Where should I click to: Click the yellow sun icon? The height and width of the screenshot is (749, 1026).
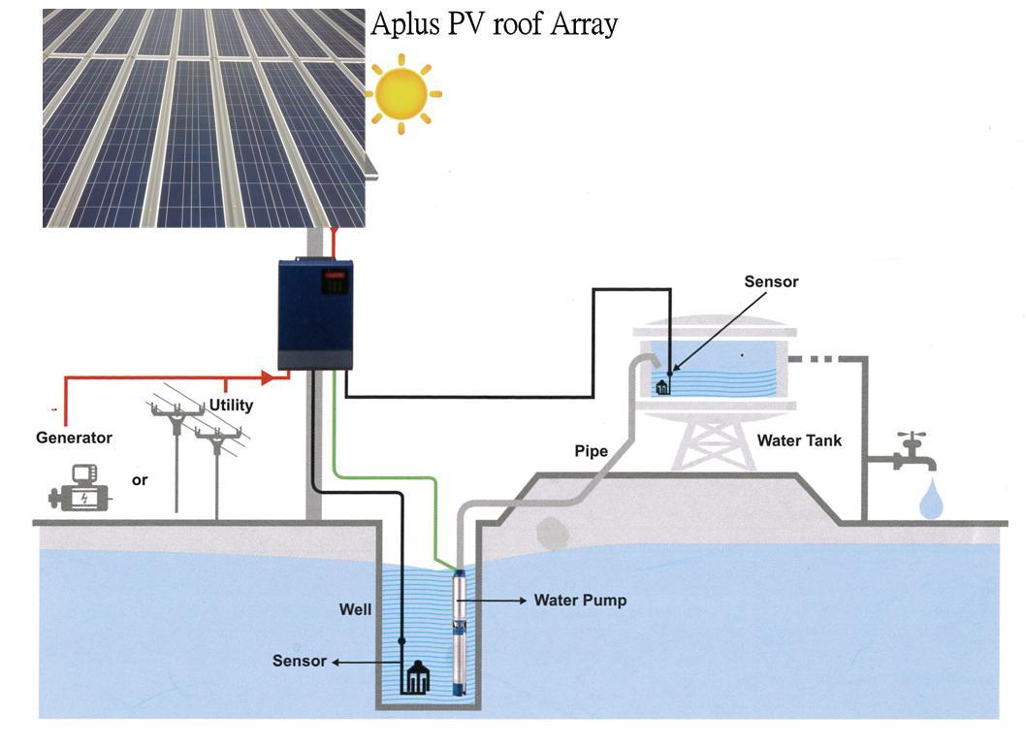tap(402, 93)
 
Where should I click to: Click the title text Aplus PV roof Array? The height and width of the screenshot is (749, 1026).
tap(494, 24)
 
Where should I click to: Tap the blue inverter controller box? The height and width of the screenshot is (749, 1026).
tap(315, 314)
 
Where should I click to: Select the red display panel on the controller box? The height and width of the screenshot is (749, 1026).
tap(334, 281)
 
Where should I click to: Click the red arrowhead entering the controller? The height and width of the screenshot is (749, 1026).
tap(268, 377)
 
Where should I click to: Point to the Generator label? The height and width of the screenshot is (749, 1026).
tap(74, 438)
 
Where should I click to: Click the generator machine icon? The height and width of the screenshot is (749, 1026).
tap(80, 488)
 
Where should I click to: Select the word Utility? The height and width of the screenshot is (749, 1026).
tap(231, 406)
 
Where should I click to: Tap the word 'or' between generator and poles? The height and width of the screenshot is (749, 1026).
tap(140, 480)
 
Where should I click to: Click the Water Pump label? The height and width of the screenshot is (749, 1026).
tap(580, 601)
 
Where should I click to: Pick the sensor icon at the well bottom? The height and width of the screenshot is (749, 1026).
tap(418, 677)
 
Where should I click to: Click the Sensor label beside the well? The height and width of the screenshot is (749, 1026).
tap(299, 661)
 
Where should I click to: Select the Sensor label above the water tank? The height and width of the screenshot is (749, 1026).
tap(772, 281)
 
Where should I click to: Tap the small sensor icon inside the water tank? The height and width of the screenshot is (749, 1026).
tap(662, 386)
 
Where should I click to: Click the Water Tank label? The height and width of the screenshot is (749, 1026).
tap(800, 440)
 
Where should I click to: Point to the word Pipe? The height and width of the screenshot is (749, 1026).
tap(592, 451)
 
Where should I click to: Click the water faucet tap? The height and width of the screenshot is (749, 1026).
tap(914, 452)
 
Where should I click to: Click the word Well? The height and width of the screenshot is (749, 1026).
tap(355, 609)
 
